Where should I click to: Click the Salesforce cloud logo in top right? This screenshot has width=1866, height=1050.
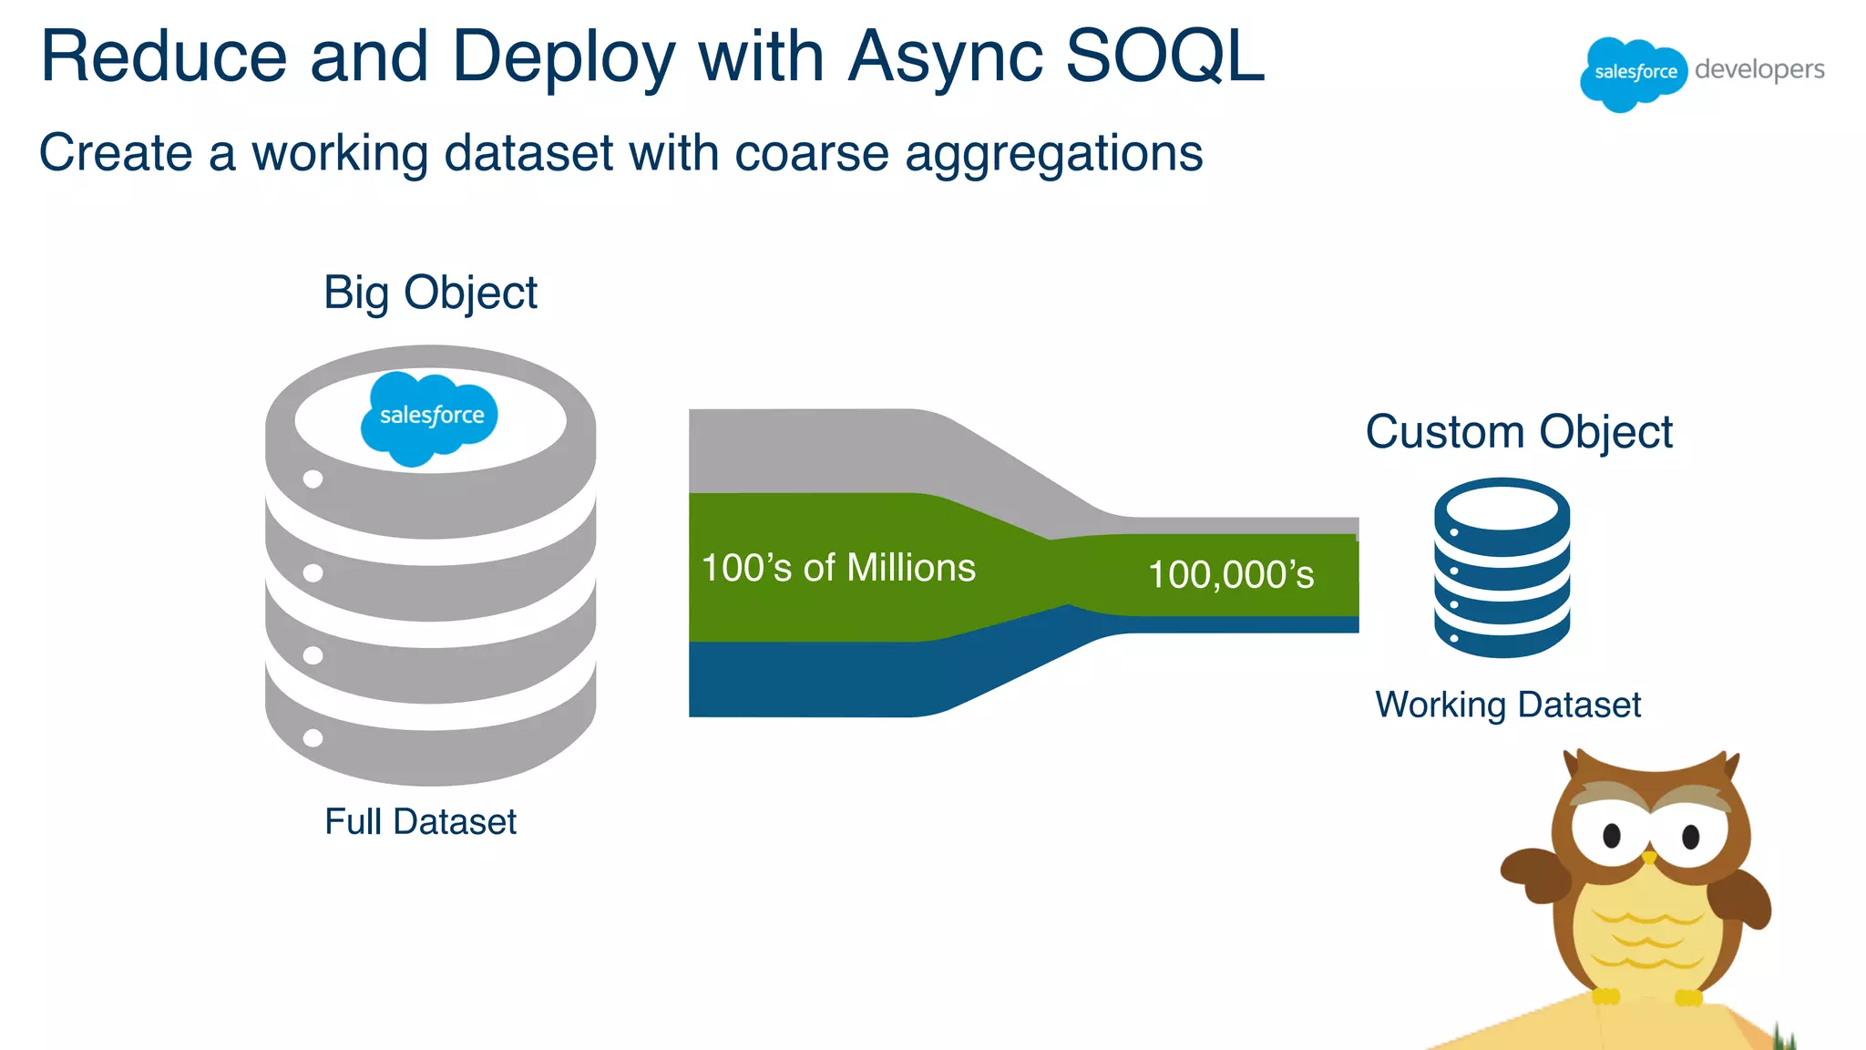tap(1633, 73)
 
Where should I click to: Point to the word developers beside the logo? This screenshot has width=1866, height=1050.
tap(1758, 70)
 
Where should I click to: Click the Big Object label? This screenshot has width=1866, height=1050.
tap(430, 293)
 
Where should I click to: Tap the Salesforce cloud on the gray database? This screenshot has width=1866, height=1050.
tap(430, 417)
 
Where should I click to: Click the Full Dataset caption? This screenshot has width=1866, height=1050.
tap(420, 821)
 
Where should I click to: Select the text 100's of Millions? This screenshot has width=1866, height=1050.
tap(838, 568)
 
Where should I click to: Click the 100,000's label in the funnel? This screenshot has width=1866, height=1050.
tap(1231, 574)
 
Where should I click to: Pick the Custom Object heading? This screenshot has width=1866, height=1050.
tap(1519, 432)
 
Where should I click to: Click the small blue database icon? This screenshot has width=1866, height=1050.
tap(1502, 567)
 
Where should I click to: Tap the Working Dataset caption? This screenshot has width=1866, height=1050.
tap(1508, 705)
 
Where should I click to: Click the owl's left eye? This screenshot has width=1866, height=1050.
tap(1611, 834)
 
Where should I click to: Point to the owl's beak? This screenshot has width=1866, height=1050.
tap(1648, 857)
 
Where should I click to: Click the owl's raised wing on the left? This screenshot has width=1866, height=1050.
tap(1536, 875)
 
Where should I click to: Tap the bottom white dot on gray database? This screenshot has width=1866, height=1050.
tap(313, 737)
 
